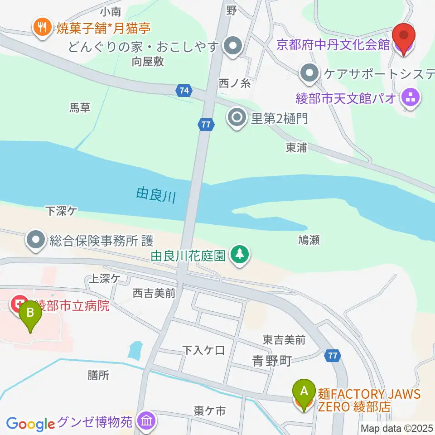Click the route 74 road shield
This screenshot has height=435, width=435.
(183, 91)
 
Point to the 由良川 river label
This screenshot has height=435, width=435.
(155, 196)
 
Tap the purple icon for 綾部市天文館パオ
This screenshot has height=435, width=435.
(411, 97)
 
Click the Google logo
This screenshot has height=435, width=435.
(30, 424)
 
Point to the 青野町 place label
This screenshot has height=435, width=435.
(271, 361)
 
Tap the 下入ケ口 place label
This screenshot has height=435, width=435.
(203, 350)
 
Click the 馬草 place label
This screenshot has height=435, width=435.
(80, 107)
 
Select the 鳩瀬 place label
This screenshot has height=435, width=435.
(309, 240)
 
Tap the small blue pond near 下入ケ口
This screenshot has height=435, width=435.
(135, 349)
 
